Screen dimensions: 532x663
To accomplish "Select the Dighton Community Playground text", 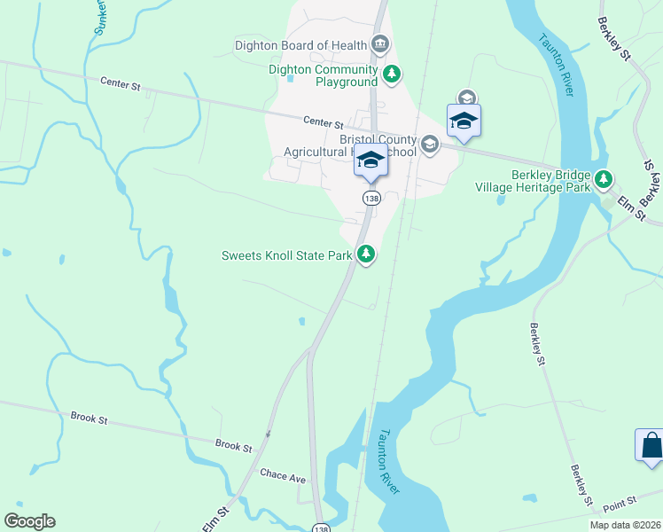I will pyautogui.click(x=323, y=75).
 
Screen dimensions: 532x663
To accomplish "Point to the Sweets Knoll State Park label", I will pyautogui.click(x=286, y=255).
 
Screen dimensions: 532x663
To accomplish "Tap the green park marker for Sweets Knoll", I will pyautogui.click(x=365, y=255).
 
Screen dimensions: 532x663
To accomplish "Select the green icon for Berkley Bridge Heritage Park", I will pyautogui.click(x=604, y=180).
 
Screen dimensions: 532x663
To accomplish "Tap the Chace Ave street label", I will pyautogui.click(x=283, y=476).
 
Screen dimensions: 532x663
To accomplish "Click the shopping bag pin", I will pyautogui.click(x=650, y=445).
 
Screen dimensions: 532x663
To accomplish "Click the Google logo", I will pyautogui.click(x=29, y=521).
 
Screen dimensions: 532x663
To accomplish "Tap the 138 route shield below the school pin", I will pyautogui.click(x=370, y=199).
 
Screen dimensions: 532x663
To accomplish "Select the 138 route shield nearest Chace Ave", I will pyautogui.click(x=322, y=528).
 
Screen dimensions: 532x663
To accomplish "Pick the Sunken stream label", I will pyautogui.click(x=99, y=18).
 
